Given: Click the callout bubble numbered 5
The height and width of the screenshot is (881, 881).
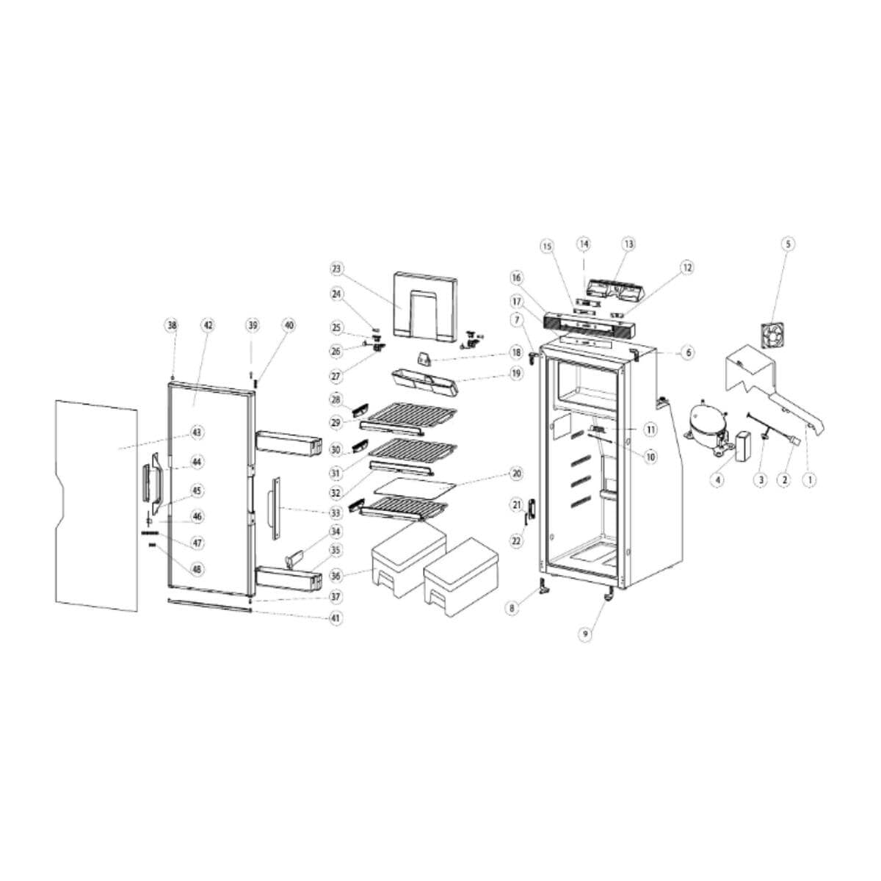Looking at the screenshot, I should [x=787, y=243].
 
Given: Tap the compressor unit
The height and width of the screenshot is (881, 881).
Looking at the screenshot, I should [x=704, y=424].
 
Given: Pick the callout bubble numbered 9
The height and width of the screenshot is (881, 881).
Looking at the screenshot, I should [x=585, y=636].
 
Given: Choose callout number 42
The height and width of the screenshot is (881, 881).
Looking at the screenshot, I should [x=208, y=325].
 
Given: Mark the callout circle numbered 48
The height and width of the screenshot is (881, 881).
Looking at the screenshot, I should [x=197, y=569].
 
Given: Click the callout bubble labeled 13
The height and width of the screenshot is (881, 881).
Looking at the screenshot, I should [x=628, y=243].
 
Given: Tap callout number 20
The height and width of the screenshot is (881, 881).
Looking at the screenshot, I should [x=516, y=474].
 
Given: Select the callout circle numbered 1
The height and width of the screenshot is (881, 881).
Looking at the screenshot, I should [x=811, y=479].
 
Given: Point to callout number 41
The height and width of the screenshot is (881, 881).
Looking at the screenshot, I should [x=336, y=618].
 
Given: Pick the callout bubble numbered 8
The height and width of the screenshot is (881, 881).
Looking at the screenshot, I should [x=512, y=608].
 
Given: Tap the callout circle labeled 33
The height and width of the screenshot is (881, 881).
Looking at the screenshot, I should [x=336, y=512].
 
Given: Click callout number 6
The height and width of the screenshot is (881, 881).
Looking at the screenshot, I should [x=688, y=353].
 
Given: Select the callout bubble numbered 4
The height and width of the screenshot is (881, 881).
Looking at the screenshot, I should [x=717, y=479].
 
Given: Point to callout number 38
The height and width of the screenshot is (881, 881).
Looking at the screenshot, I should [x=172, y=325].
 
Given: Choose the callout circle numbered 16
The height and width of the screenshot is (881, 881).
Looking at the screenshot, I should [x=516, y=278].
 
